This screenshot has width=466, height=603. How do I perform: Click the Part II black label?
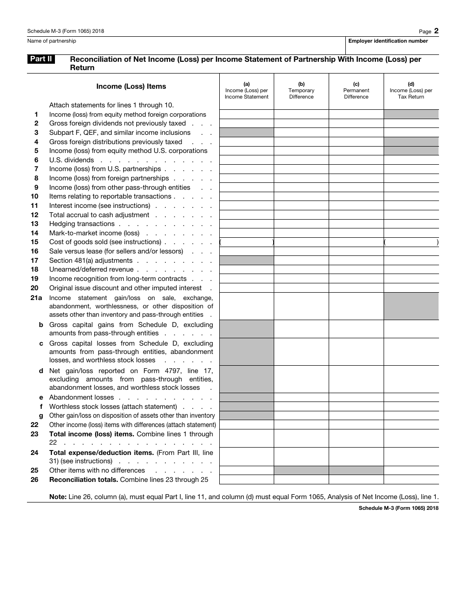[41, 59]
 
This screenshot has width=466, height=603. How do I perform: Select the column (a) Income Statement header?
[246, 91]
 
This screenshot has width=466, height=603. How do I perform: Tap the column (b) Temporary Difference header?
[301, 91]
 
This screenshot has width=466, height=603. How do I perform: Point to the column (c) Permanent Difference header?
[356, 91]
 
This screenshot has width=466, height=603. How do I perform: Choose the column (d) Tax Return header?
[411, 91]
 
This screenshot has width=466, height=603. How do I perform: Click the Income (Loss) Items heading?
[131, 86]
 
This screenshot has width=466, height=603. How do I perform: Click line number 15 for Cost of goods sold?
[34, 242]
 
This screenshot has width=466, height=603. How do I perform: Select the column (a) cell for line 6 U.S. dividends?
[246, 160]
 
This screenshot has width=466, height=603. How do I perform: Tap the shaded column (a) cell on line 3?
[246, 132]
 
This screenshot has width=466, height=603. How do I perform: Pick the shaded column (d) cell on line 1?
[411, 114]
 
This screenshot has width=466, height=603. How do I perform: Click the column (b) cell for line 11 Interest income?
[301, 206]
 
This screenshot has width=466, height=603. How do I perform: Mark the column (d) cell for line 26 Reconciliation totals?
[411, 480]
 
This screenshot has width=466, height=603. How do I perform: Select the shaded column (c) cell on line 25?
[356, 471]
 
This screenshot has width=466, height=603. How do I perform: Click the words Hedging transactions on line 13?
[82, 224]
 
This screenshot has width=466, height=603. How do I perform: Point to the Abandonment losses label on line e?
[81, 398]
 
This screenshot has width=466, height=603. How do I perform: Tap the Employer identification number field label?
[388, 41]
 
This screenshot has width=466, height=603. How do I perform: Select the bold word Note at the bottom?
[57, 497]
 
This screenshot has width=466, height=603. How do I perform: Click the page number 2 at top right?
[436, 31]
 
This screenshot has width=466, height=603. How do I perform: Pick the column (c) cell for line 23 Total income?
[356, 438]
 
